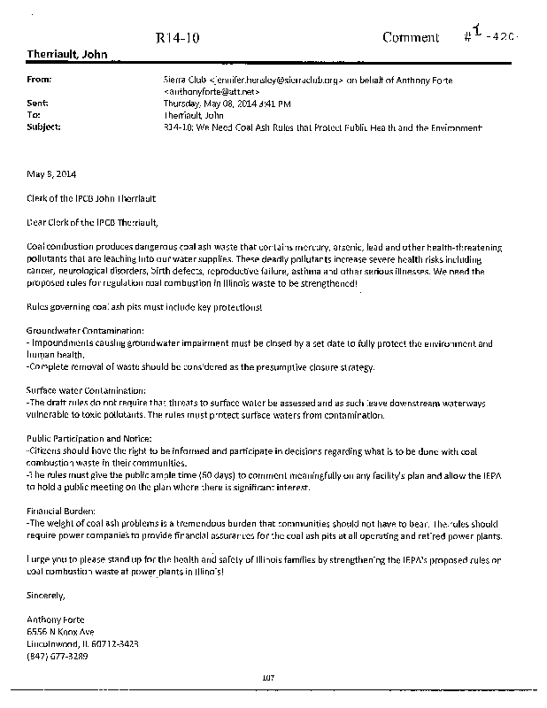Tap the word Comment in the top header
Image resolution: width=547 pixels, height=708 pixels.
(411, 37)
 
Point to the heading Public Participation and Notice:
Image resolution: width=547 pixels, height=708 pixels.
(89, 438)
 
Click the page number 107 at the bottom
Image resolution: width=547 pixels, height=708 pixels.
(269, 677)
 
